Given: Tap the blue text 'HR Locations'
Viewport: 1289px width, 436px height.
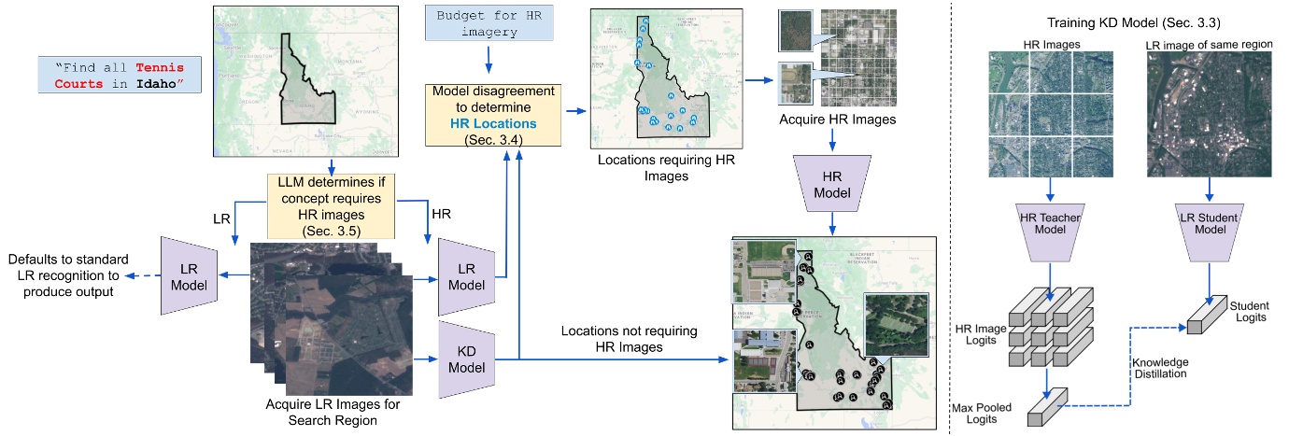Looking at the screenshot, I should [x=483, y=123].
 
